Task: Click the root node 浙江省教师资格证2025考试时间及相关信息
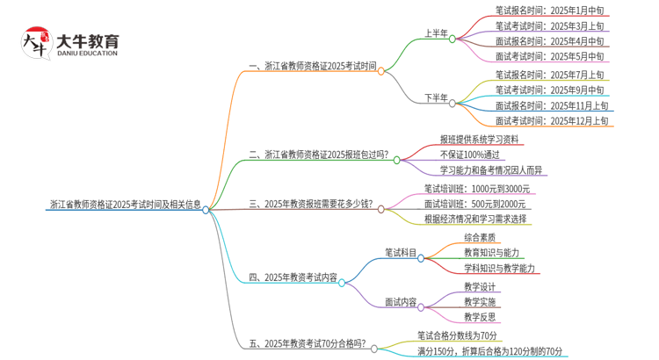click(125, 205)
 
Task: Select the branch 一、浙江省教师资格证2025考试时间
click(312, 66)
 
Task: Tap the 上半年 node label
click(436, 33)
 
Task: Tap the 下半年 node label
click(436, 97)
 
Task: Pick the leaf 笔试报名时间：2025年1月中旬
click(549, 11)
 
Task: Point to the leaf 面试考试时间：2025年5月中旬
click(549, 57)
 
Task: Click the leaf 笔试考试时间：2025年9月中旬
click(549, 90)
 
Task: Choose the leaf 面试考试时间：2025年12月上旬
click(551, 120)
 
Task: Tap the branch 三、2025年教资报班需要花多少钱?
click(311, 205)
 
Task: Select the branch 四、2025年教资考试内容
click(293, 277)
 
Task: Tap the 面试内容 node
click(401, 302)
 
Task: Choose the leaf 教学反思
click(480, 317)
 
